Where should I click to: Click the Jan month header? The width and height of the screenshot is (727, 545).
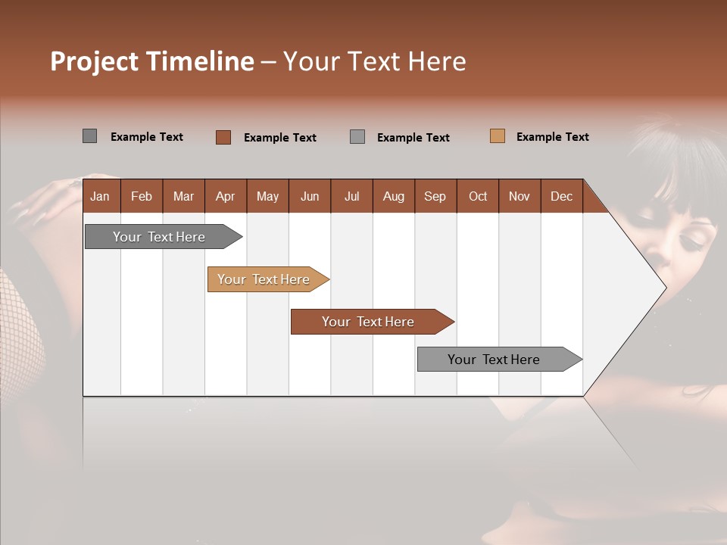click(x=100, y=196)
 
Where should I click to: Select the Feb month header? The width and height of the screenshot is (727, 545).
click(x=142, y=196)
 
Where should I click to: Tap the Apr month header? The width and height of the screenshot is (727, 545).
click(x=225, y=196)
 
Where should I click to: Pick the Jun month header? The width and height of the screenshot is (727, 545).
click(x=310, y=196)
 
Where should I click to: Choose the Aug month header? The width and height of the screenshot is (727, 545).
click(x=393, y=196)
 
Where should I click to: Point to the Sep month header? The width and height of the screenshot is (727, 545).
click(x=435, y=196)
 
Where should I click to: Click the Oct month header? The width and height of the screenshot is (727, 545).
click(x=478, y=196)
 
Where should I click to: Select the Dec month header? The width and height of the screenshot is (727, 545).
click(x=561, y=196)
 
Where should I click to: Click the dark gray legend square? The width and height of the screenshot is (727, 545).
click(x=89, y=136)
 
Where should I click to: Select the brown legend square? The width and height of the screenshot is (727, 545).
click(x=223, y=137)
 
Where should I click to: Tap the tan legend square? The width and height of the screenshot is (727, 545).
click(x=497, y=136)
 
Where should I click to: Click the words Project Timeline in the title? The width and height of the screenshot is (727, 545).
click(x=151, y=61)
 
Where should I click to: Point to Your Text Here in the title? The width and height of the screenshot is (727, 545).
click(x=374, y=61)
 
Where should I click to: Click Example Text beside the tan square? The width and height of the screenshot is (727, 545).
click(x=552, y=136)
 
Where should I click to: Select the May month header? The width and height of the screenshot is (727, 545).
click(x=267, y=196)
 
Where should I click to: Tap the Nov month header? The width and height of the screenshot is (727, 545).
click(x=520, y=196)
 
